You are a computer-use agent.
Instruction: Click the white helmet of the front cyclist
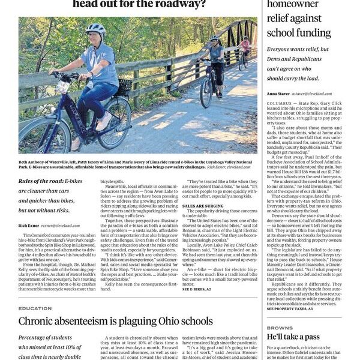point(95,29)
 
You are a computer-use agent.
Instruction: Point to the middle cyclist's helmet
point(214,39)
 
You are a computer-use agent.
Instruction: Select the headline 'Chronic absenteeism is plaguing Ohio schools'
point(115,321)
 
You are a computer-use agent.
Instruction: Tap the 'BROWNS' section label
point(280,328)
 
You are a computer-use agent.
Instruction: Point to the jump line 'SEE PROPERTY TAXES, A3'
point(290,308)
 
